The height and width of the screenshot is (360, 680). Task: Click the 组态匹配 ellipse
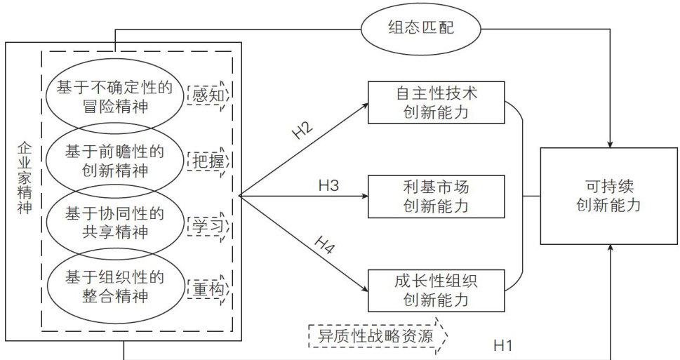pyautogui.click(x=421, y=28)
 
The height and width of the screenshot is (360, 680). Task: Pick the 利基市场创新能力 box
pyautogui.click(x=436, y=196)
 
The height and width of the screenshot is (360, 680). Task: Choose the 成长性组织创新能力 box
pyautogui.click(x=436, y=290)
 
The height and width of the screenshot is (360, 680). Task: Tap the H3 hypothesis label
pyautogui.click(x=328, y=186)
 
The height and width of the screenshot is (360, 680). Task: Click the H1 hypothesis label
pyautogui.click(x=503, y=345)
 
